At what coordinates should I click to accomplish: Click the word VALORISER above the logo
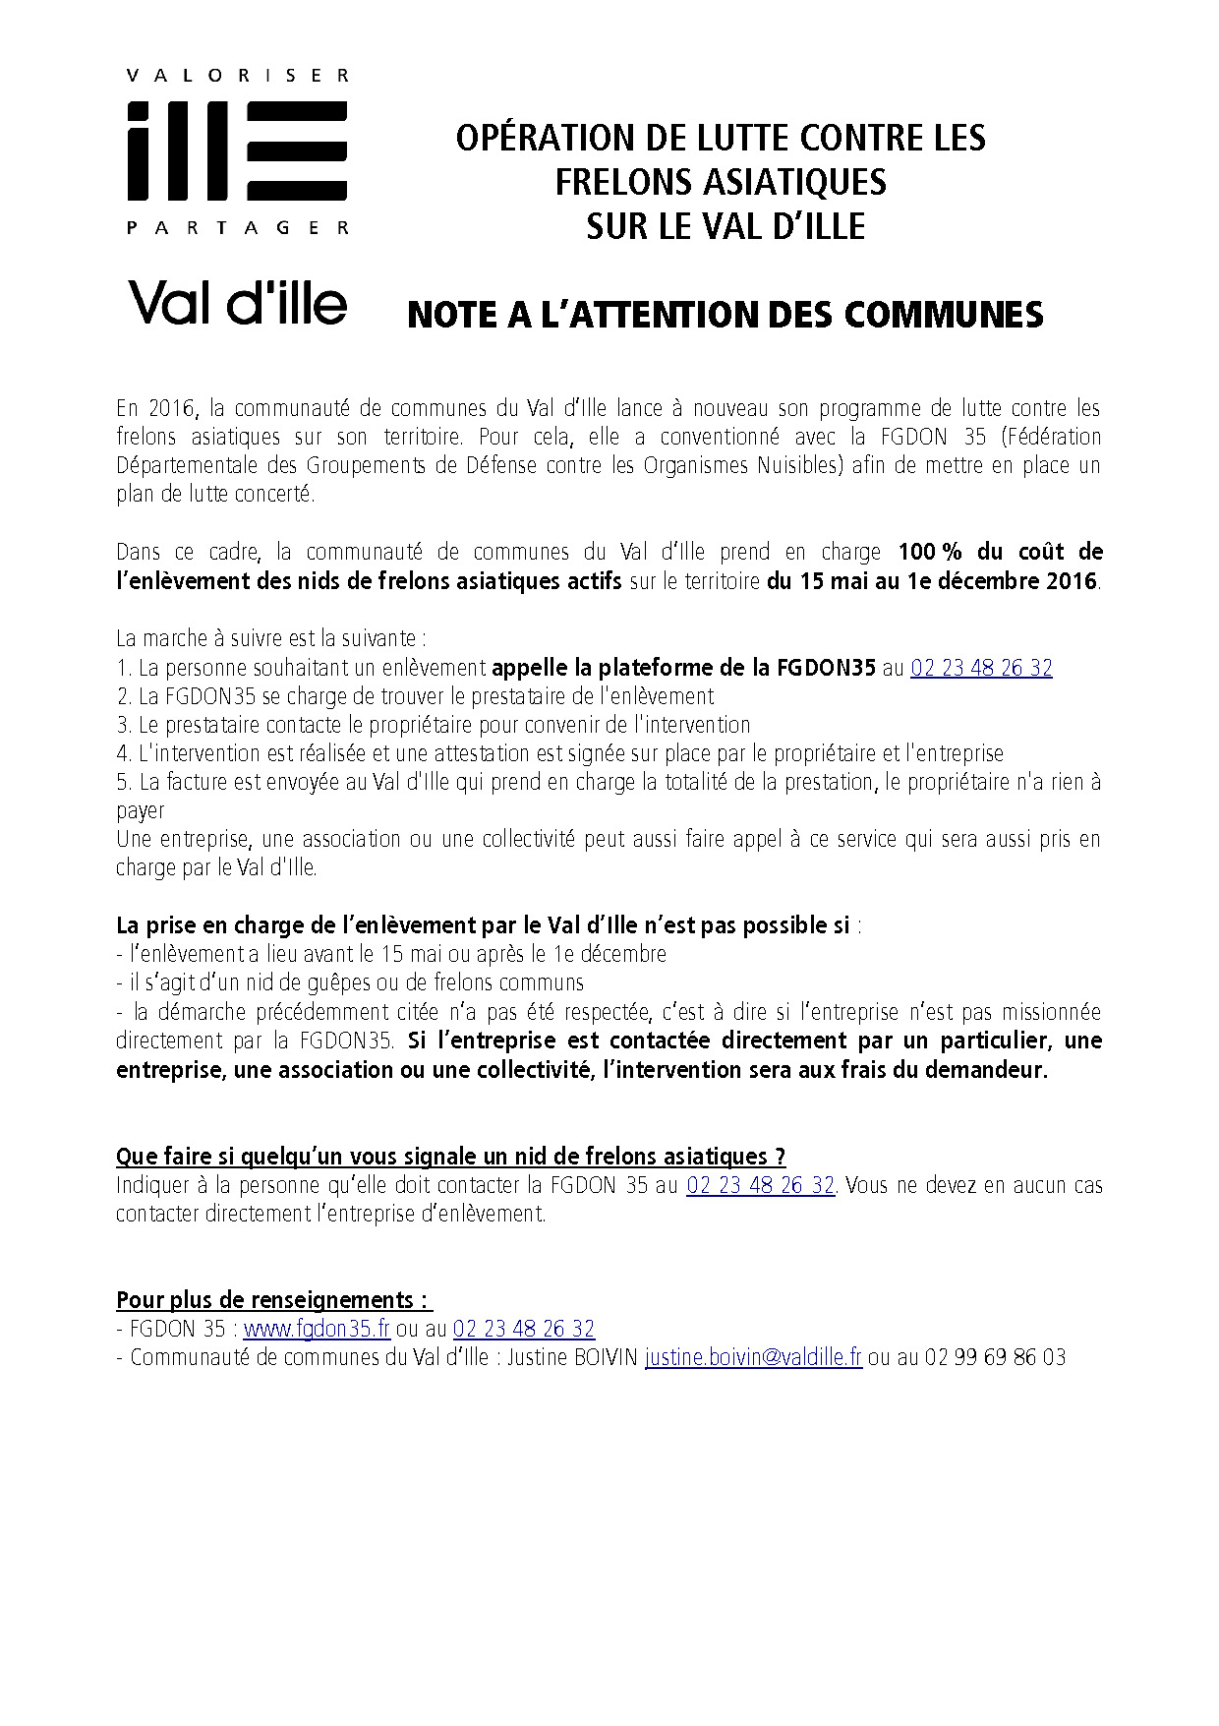236,75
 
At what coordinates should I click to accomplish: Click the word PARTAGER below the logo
237,228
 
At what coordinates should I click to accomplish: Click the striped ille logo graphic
237,149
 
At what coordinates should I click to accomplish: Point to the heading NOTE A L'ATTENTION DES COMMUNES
725,315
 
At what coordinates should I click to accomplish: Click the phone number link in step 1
981,668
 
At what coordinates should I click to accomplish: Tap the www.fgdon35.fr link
317,1329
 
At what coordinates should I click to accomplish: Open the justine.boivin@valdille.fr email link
753,1357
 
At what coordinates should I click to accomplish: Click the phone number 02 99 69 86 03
995,1357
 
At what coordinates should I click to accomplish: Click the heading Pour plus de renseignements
273,1300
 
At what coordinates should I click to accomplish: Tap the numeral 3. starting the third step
123,725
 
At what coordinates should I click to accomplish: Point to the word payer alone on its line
141,811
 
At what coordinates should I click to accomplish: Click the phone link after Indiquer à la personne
760,1185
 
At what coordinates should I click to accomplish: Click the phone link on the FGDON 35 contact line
523,1329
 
